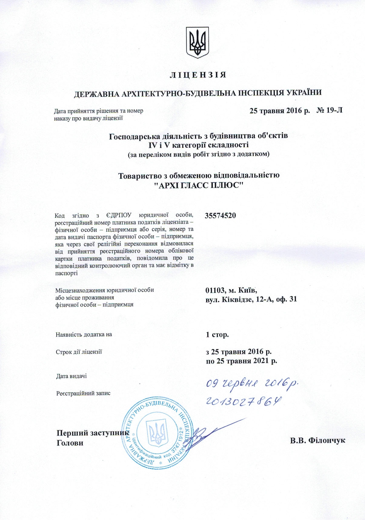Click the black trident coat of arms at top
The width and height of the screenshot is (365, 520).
tap(197, 42)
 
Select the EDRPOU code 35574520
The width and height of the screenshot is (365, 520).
tap(220, 216)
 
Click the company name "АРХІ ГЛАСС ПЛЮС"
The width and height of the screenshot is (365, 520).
tap(199, 185)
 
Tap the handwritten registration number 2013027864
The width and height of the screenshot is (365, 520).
tap(244, 401)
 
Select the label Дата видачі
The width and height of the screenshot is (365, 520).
tap(71, 376)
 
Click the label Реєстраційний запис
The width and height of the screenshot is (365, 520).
tap(83, 394)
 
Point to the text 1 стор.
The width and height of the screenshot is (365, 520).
tap(217, 335)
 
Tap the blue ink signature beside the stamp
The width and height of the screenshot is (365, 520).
tap(209, 433)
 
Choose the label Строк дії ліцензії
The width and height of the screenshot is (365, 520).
tap(79, 352)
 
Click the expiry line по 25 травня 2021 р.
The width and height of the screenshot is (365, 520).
tap(241, 361)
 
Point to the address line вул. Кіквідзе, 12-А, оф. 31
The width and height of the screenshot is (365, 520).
tap(251, 299)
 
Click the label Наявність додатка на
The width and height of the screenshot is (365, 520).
tap(84, 334)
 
